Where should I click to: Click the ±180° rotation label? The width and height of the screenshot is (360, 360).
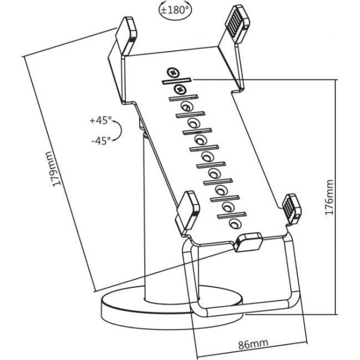175,10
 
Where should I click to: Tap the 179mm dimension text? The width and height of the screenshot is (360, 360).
55,169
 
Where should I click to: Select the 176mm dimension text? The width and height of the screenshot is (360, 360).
329,197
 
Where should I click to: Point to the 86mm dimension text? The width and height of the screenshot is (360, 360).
253,343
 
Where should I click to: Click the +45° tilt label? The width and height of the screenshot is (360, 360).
100,120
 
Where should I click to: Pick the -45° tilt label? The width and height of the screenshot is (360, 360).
101,140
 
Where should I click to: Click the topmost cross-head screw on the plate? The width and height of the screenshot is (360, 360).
173,73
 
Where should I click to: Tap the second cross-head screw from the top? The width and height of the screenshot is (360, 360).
180,89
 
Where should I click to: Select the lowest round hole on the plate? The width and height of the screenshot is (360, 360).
235,224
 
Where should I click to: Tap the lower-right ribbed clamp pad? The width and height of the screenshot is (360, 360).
292,208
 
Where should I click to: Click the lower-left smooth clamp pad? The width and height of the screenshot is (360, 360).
187,209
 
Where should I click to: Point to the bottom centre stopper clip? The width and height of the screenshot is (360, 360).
248,242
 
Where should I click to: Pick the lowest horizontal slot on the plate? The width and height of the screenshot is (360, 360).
232,215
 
